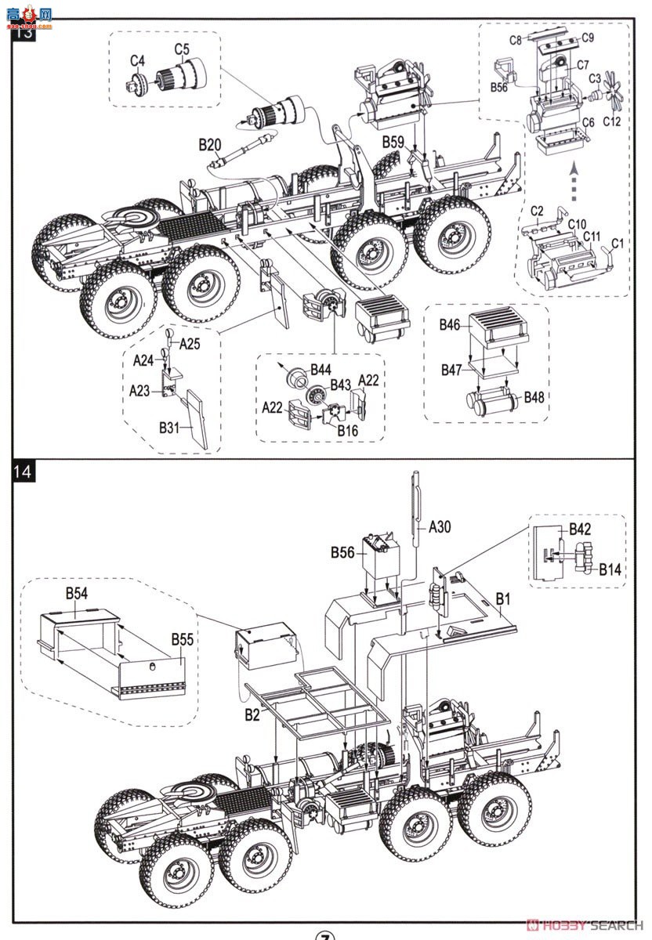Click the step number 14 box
[x=24, y=472]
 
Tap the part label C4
[x=137, y=60]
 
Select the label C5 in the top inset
[x=182, y=49]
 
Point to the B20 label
[x=210, y=144]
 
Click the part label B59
[x=393, y=142]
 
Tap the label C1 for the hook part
[x=617, y=244]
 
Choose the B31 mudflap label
[x=171, y=428]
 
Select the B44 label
[x=321, y=368]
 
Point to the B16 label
[x=348, y=430]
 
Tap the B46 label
[x=450, y=324]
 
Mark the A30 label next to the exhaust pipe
[x=440, y=527]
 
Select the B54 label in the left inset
[x=76, y=593]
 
